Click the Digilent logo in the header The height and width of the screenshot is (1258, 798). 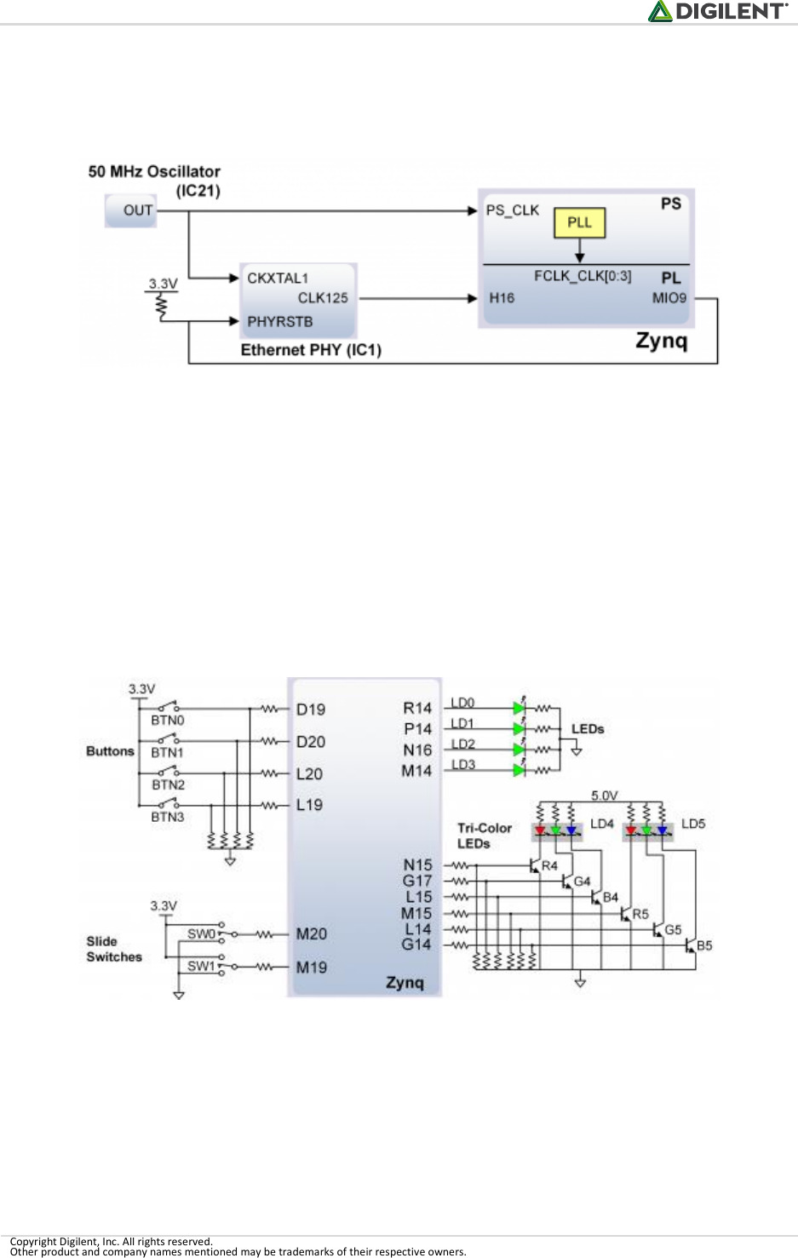(x=717, y=11)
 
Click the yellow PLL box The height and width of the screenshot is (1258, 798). (x=579, y=222)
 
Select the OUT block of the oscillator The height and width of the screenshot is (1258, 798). (x=131, y=210)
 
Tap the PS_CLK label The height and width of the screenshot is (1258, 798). (x=512, y=210)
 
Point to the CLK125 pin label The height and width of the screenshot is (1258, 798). (x=323, y=298)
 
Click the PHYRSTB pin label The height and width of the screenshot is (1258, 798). (x=279, y=322)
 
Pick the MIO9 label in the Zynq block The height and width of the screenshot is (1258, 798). (x=669, y=298)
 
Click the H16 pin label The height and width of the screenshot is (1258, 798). (x=502, y=298)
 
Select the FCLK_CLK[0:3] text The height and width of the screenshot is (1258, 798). (x=583, y=276)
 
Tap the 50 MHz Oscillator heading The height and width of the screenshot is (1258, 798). (x=154, y=171)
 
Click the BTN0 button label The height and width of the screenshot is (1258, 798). (x=167, y=721)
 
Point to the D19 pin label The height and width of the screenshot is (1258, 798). (x=311, y=709)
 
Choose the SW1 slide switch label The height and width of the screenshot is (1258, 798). (x=201, y=966)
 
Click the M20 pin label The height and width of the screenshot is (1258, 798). (x=311, y=934)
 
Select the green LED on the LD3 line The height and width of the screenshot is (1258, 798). (x=519, y=770)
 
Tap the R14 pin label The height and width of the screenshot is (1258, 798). (x=417, y=708)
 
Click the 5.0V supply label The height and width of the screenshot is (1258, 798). (x=604, y=796)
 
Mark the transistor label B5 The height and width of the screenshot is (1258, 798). (x=704, y=945)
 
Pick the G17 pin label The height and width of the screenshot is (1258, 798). (x=417, y=881)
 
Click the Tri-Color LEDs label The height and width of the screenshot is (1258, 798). (x=484, y=836)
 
